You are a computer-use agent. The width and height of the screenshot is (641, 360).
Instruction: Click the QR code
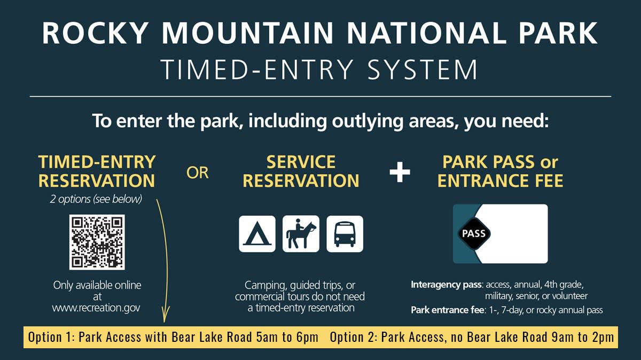click(97, 242)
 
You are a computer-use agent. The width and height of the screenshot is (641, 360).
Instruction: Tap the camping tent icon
click(257, 234)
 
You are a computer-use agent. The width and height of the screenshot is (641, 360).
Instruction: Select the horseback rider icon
click(301, 234)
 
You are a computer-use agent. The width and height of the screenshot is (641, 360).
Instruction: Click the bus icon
click(345, 234)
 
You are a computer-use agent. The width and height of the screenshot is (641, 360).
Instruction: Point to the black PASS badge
click(473, 233)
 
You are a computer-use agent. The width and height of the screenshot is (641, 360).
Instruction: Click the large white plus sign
click(400, 173)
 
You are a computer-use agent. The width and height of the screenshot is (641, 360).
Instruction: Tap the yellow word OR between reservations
click(198, 173)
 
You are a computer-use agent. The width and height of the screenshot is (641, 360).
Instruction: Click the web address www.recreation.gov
click(96, 308)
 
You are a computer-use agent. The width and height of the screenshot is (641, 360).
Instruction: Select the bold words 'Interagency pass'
click(446, 285)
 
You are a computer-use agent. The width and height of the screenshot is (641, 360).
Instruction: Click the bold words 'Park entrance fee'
click(448, 310)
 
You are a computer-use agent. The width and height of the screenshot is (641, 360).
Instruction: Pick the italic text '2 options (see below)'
click(97, 200)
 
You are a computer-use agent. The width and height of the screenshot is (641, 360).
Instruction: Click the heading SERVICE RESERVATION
click(301, 171)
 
